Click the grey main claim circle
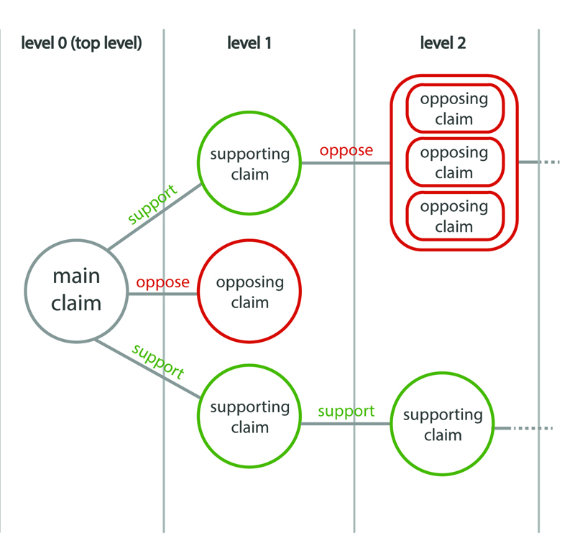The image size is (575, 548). click(76, 291)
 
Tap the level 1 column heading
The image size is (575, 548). click(249, 43)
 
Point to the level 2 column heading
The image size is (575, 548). click(443, 43)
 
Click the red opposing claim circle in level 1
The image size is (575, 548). click(249, 292)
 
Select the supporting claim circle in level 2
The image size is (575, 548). click(443, 424)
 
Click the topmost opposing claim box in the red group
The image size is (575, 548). click(454, 109)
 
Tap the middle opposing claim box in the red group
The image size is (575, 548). click(454, 163)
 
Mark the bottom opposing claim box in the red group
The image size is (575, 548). click(454, 217)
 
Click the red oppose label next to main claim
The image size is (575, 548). click(162, 282)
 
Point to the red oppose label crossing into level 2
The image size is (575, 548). click(346, 151)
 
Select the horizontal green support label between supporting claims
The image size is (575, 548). click(346, 412)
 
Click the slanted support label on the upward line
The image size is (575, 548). click(152, 205)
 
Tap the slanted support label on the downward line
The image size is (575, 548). click(158, 362)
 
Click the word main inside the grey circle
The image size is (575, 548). click(76, 276)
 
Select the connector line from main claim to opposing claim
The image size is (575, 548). click(162, 293)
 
